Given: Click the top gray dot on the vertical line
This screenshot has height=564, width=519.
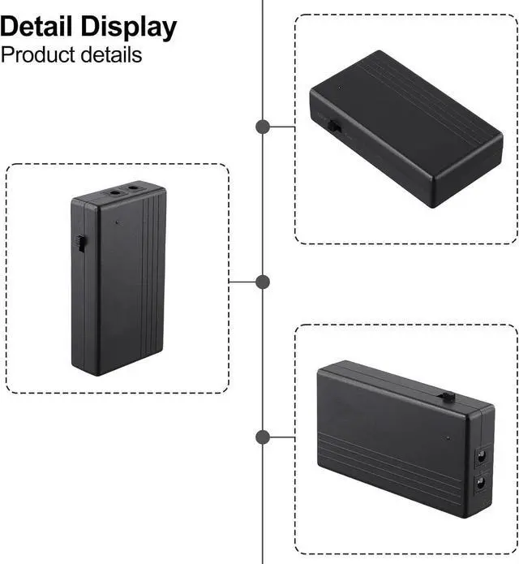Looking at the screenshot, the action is point(263,127).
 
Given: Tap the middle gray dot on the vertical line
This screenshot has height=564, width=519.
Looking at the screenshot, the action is point(263,282).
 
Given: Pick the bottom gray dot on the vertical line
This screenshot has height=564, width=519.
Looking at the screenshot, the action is point(263,437).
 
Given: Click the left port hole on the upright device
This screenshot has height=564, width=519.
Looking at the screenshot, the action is point(114,194).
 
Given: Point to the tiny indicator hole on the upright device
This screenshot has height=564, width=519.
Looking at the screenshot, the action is point(118,222).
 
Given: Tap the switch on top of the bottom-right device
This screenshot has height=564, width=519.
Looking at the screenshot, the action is point(446,396).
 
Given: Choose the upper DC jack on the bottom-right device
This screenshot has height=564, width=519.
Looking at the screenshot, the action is point(483,458).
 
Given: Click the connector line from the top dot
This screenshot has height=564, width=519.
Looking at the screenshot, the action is point(282,127).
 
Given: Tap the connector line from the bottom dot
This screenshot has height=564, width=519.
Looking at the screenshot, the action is point(282,437).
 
